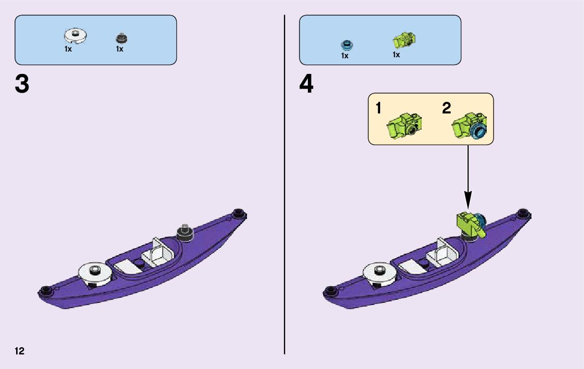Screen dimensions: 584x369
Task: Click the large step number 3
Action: coord(22,85)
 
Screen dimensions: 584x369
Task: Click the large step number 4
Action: coord(306,85)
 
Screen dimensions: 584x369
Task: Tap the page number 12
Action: coord(20,351)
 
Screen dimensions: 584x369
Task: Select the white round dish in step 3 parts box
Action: coord(75,36)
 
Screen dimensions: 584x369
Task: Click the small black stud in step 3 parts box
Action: coord(122,38)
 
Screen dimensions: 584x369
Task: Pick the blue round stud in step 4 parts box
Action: coord(346,44)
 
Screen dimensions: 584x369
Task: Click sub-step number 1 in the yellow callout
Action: coord(379,109)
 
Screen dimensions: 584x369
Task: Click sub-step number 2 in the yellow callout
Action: coord(447,109)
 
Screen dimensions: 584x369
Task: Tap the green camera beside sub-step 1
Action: coord(404,124)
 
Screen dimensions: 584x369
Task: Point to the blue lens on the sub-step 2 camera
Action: coord(478,131)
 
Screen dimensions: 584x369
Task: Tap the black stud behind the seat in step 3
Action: coord(185,232)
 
